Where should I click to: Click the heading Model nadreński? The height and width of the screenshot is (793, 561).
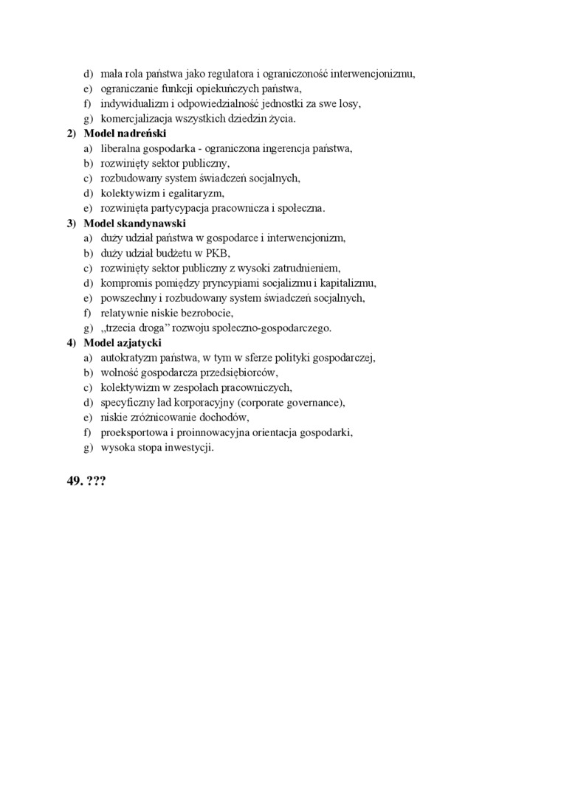coord(125,134)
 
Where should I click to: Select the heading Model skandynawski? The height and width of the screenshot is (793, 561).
coord(134,223)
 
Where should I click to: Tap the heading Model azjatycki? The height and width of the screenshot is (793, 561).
coord(123,342)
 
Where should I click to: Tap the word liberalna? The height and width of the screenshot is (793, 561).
coord(120,148)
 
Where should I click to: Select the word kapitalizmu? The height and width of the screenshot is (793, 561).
coord(348,283)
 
